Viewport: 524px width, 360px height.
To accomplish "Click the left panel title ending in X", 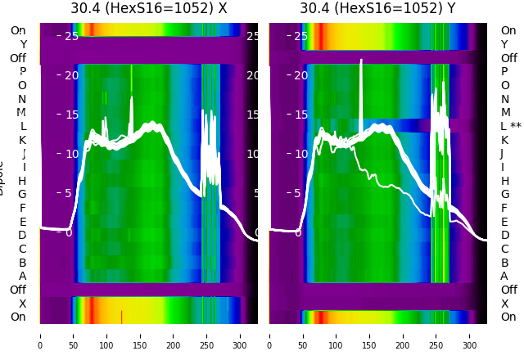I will [x=148, y=8].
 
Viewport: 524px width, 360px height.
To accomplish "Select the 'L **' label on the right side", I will [x=511, y=126].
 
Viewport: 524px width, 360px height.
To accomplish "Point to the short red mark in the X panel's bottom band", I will [x=121, y=316].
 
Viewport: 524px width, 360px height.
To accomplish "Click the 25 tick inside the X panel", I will [x=71, y=36].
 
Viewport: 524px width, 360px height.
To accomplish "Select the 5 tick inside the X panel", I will [x=69, y=193].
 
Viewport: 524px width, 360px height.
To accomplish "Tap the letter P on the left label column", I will [x=23, y=72].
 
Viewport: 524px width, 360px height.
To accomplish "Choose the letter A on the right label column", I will [x=504, y=276].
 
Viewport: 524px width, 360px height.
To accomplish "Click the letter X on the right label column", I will [x=504, y=304].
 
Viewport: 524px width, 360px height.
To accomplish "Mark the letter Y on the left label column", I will [x=23, y=44].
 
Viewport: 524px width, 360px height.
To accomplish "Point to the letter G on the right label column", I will [x=504, y=194].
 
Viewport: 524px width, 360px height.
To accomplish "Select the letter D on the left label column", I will [x=23, y=235].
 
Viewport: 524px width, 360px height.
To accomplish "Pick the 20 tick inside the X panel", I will [x=71, y=75].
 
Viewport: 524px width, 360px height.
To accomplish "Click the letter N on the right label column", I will [x=504, y=99].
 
